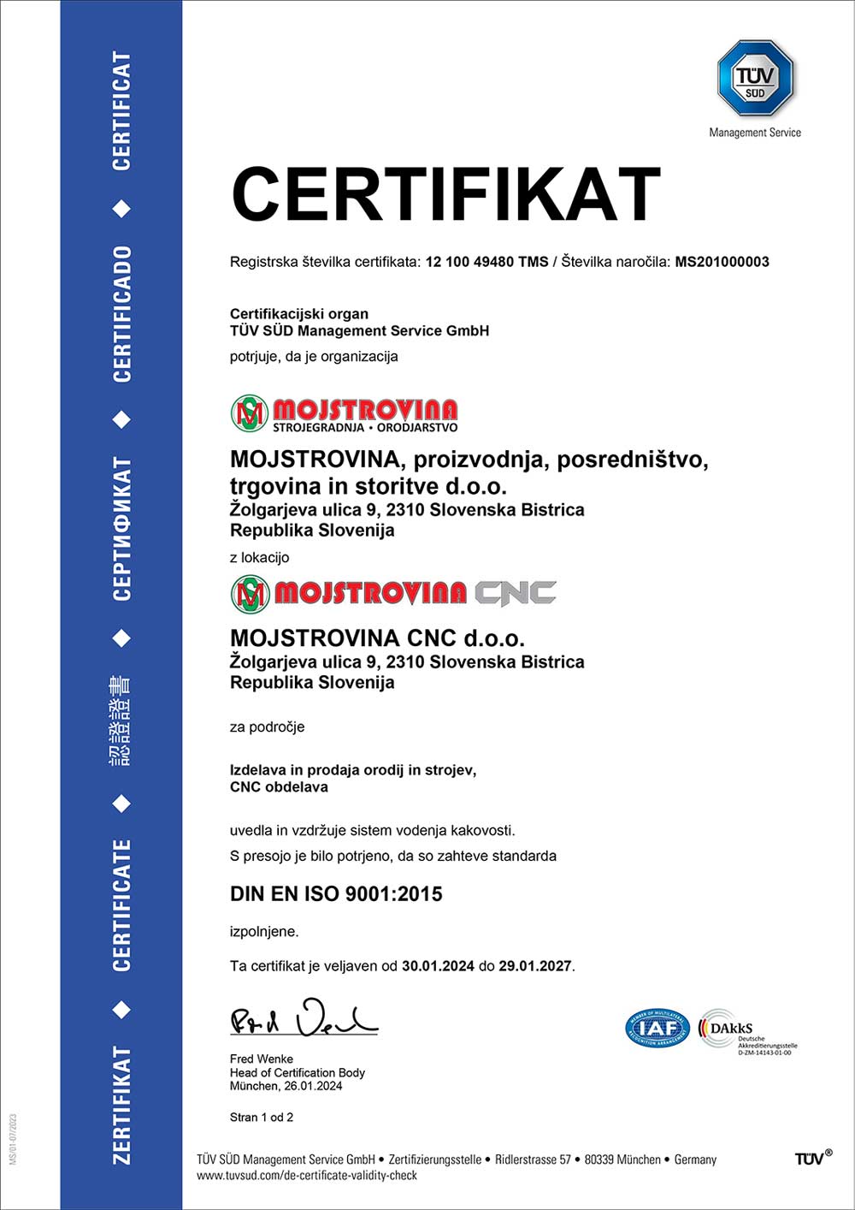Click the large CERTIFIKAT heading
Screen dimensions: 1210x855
coord(445,195)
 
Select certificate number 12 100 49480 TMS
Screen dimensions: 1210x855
coord(486,262)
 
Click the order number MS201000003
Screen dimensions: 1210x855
coord(722,262)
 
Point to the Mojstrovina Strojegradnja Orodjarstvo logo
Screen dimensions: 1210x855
coord(345,414)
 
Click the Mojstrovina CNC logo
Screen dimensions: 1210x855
coord(393,593)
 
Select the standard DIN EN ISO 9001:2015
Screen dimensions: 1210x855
coord(336,894)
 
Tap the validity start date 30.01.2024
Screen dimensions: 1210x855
coord(438,966)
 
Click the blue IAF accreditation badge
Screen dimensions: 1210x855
coord(657,1028)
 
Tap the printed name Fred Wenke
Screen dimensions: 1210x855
coord(261,1059)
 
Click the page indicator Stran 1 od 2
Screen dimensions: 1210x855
coord(262,1117)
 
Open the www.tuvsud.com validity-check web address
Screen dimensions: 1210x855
coord(307,1176)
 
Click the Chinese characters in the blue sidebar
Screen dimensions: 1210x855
coord(121,720)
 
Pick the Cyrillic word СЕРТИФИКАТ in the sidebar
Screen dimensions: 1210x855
coord(122,529)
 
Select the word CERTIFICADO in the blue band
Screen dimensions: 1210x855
coord(122,314)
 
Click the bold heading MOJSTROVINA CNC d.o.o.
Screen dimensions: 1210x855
coord(377,638)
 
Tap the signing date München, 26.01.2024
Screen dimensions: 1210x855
coord(286,1086)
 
